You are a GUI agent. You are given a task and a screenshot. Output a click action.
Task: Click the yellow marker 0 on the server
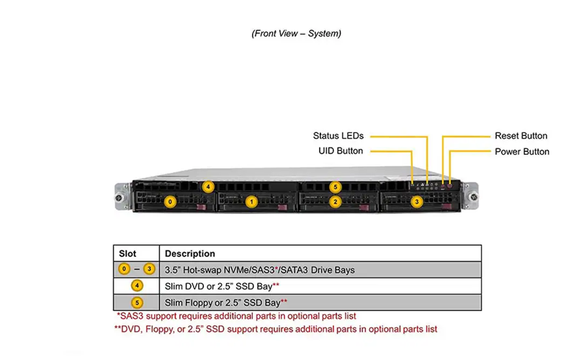[x=170, y=202]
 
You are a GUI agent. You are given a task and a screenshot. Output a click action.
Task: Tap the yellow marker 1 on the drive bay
[x=251, y=202]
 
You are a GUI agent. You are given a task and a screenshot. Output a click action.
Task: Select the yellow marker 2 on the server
[x=336, y=202]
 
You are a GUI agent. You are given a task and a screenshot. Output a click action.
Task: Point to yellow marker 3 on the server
[x=417, y=202]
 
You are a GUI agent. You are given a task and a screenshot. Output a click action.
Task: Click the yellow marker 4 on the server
[x=208, y=186]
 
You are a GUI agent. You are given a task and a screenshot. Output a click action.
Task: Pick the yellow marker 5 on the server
[x=336, y=187]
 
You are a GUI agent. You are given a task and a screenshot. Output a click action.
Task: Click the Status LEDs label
[x=338, y=136]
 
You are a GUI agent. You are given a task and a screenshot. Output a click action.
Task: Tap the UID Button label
[x=341, y=151]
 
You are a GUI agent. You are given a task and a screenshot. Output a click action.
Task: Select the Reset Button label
[x=521, y=136]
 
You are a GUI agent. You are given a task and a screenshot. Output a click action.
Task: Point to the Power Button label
[x=522, y=152]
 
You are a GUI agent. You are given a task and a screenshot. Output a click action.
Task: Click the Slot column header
[x=127, y=253]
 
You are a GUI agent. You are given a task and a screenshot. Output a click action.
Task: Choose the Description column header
[x=190, y=253]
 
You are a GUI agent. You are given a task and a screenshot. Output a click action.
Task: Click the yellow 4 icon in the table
[x=137, y=286]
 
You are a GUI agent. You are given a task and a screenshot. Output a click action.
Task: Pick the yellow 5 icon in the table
[x=137, y=302]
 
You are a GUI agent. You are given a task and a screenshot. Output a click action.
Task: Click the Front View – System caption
[x=297, y=33]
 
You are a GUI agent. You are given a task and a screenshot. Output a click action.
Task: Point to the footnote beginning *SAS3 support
[x=236, y=316]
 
